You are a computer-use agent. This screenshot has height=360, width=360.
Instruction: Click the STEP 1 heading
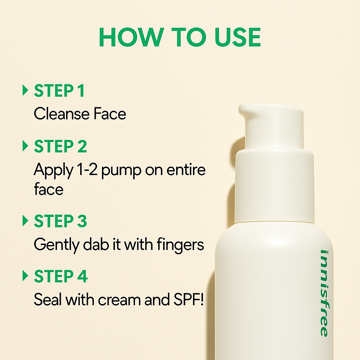(59, 91)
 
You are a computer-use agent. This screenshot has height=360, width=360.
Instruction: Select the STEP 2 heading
(60, 146)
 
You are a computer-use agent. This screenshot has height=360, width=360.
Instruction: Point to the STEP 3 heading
(60, 221)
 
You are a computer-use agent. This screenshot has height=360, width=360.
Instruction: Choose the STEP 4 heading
(60, 276)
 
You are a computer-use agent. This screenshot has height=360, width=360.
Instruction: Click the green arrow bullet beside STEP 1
(25, 90)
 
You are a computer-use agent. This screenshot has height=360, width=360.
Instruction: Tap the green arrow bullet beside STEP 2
(25, 146)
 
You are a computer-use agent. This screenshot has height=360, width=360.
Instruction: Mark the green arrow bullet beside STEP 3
(25, 221)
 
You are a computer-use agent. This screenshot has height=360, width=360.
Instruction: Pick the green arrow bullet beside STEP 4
(25, 276)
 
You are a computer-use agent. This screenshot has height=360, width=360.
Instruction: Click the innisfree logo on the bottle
(324, 293)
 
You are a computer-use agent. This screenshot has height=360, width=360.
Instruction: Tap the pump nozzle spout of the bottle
(246, 111)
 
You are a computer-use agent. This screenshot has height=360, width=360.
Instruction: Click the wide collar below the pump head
(274, 186)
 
